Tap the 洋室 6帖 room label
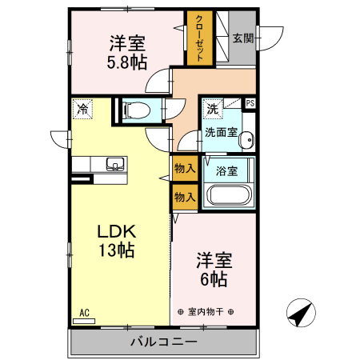pyautogui.click(x=214, y=270)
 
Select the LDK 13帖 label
pyautogui.click(x=118, y=240)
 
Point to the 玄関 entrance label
pyautogui.click(x=242, y=38)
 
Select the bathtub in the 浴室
pyautogui.click(x=229, y=195)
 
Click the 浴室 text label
pyautogui.click(x=227, y=170)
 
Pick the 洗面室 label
pyautogui.click(x=221, y=132)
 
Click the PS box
pyautogui.click(x=250, y=103)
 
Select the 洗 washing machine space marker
pyautogui.click(x=212, y=108)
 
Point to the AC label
pyautogui.click(x=84, y=313)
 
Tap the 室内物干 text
pyautogui.click(x=205, y=311)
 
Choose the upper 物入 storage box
pyautogui.click(x=184, y=169)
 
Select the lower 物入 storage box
pyautogui.click(x=184, y=197)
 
